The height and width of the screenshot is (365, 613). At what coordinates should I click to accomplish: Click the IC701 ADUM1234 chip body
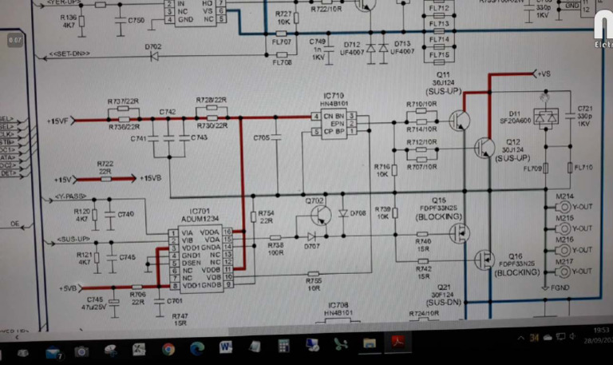199,257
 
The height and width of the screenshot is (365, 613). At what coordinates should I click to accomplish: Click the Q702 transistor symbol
321,215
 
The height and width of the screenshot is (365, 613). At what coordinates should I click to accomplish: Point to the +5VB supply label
66,288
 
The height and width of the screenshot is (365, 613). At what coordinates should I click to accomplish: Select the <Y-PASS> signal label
73,196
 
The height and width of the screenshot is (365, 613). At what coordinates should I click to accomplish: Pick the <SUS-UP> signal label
73,240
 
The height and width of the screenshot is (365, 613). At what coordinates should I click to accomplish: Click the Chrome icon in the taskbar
168,348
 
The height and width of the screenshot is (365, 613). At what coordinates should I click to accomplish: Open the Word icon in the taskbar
225,348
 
